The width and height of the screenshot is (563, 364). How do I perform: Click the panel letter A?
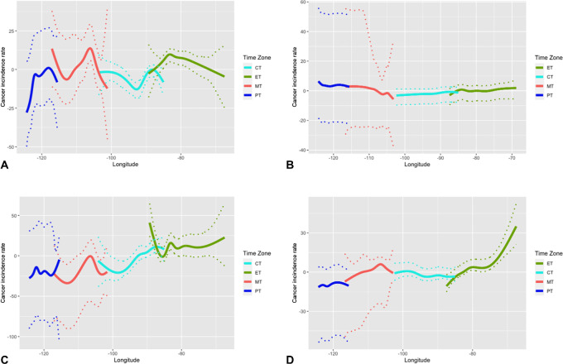[x=6, y=167]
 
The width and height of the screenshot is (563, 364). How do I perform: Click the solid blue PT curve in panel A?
[x=37, y=79]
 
